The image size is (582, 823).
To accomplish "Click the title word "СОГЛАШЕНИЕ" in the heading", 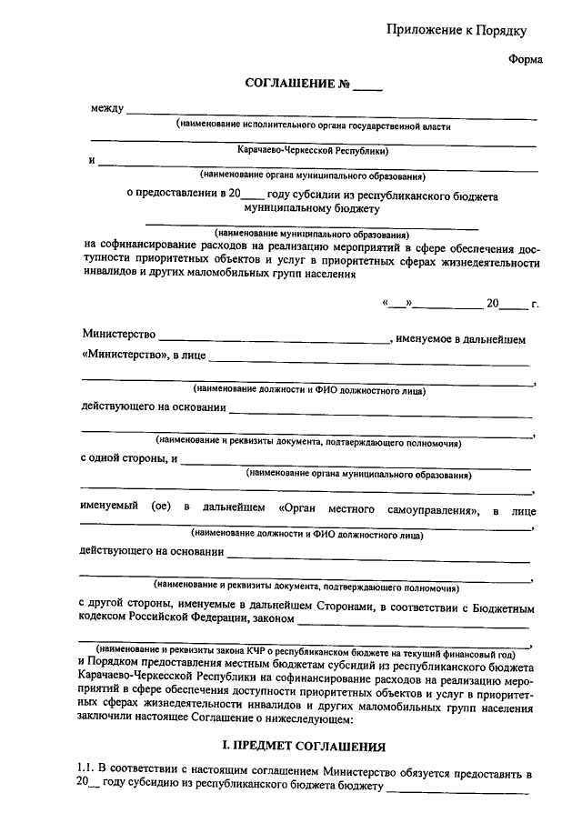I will point(283,85).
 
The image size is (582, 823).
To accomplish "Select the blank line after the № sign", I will point(368,87).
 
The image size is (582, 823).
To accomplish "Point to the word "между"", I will point(106,110).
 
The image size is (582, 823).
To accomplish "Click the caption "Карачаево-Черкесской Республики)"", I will point(314,150).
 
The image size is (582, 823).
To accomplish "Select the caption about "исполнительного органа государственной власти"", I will point(314,126).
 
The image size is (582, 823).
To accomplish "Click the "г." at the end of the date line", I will point(535,304).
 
